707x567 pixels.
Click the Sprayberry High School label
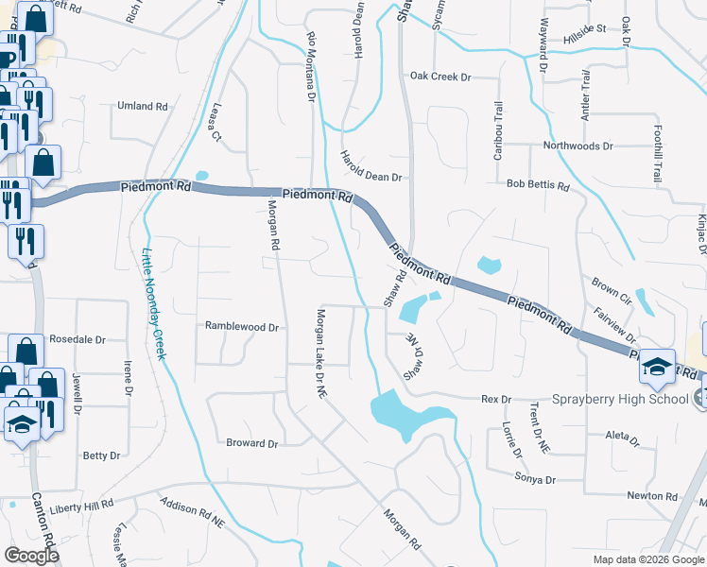[x=622, y=399]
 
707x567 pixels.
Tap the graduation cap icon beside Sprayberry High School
[x=657, y=367]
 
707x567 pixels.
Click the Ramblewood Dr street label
[x=242, y=327]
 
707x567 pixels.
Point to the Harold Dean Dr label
[x=371, y=167]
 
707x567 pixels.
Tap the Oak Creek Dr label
[x=440, y=76]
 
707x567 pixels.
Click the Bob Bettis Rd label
[x=538, y=186]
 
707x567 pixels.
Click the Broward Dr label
[x=251, y=443]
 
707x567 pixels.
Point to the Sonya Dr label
[x=536, y=480]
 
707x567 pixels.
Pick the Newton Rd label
[x=652, y=496]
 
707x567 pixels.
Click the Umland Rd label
[x=142, y=106]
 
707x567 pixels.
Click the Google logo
[x=31, y=556]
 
